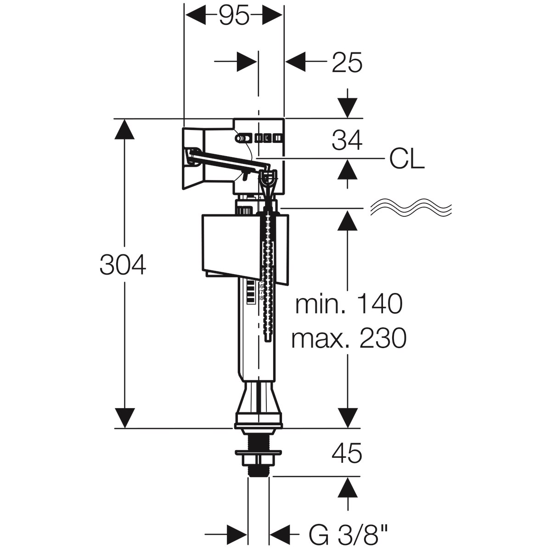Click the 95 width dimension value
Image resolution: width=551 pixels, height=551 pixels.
coord(234,17)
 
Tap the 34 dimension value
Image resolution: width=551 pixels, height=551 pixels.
coord(347,140)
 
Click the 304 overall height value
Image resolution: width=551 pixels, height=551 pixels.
coord(123,265)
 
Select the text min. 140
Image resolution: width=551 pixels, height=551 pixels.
coord(349,304)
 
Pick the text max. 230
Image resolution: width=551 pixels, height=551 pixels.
coord(349,338)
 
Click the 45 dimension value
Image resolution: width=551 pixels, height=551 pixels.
coord(347,453)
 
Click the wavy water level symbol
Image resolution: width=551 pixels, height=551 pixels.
coord(411,208)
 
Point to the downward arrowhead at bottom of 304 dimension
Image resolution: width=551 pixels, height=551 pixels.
coord(124,417)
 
